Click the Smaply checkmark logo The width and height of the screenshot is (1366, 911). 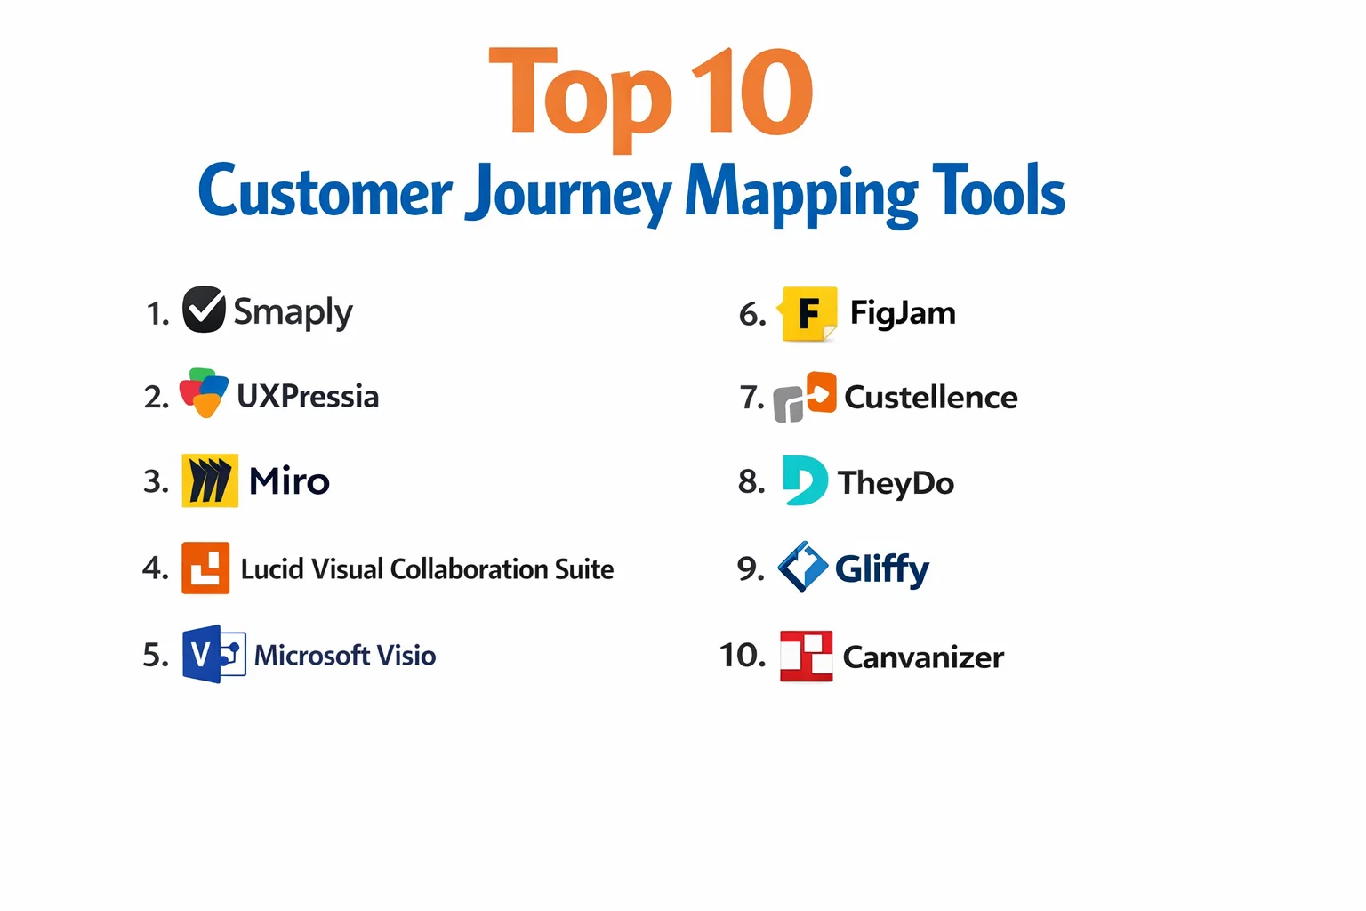204,310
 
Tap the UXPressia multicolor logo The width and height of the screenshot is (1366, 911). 204,393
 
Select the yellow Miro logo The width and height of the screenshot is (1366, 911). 210,480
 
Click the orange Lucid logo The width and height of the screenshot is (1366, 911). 205,568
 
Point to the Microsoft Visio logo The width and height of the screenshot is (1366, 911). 214,654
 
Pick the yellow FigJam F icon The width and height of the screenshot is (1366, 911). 808,314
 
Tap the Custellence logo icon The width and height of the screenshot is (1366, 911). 805,397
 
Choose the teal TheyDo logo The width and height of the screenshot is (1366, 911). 805,480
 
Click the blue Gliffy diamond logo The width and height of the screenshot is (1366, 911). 803,567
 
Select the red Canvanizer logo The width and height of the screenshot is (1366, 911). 807,656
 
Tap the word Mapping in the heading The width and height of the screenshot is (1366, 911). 801,195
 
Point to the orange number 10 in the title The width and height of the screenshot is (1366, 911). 751,92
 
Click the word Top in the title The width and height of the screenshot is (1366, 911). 580,100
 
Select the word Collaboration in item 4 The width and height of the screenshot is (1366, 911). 469,569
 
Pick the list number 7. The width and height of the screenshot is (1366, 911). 751,398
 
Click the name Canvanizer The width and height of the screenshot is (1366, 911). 923,657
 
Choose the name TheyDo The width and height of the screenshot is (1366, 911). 896,483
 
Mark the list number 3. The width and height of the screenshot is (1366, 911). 156,481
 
